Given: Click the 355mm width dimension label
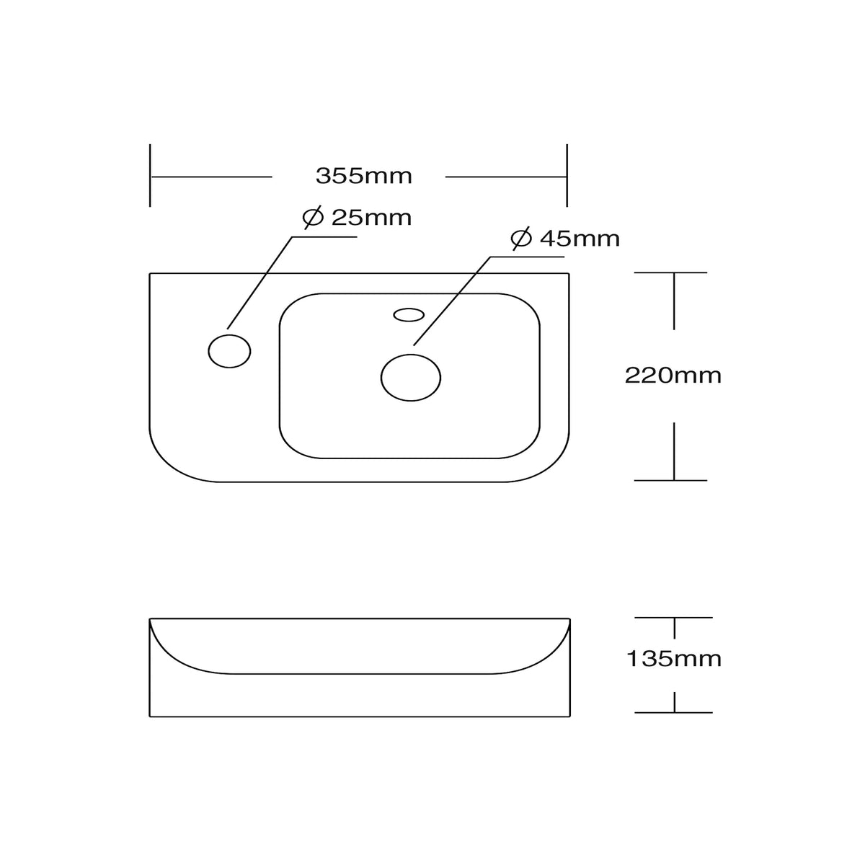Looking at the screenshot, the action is point(363,176).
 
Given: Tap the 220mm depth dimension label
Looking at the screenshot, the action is point(673,376).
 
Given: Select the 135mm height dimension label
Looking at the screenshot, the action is point(673,659).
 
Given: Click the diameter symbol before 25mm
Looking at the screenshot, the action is point(313,218).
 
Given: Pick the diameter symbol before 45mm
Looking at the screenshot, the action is point(521,239).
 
